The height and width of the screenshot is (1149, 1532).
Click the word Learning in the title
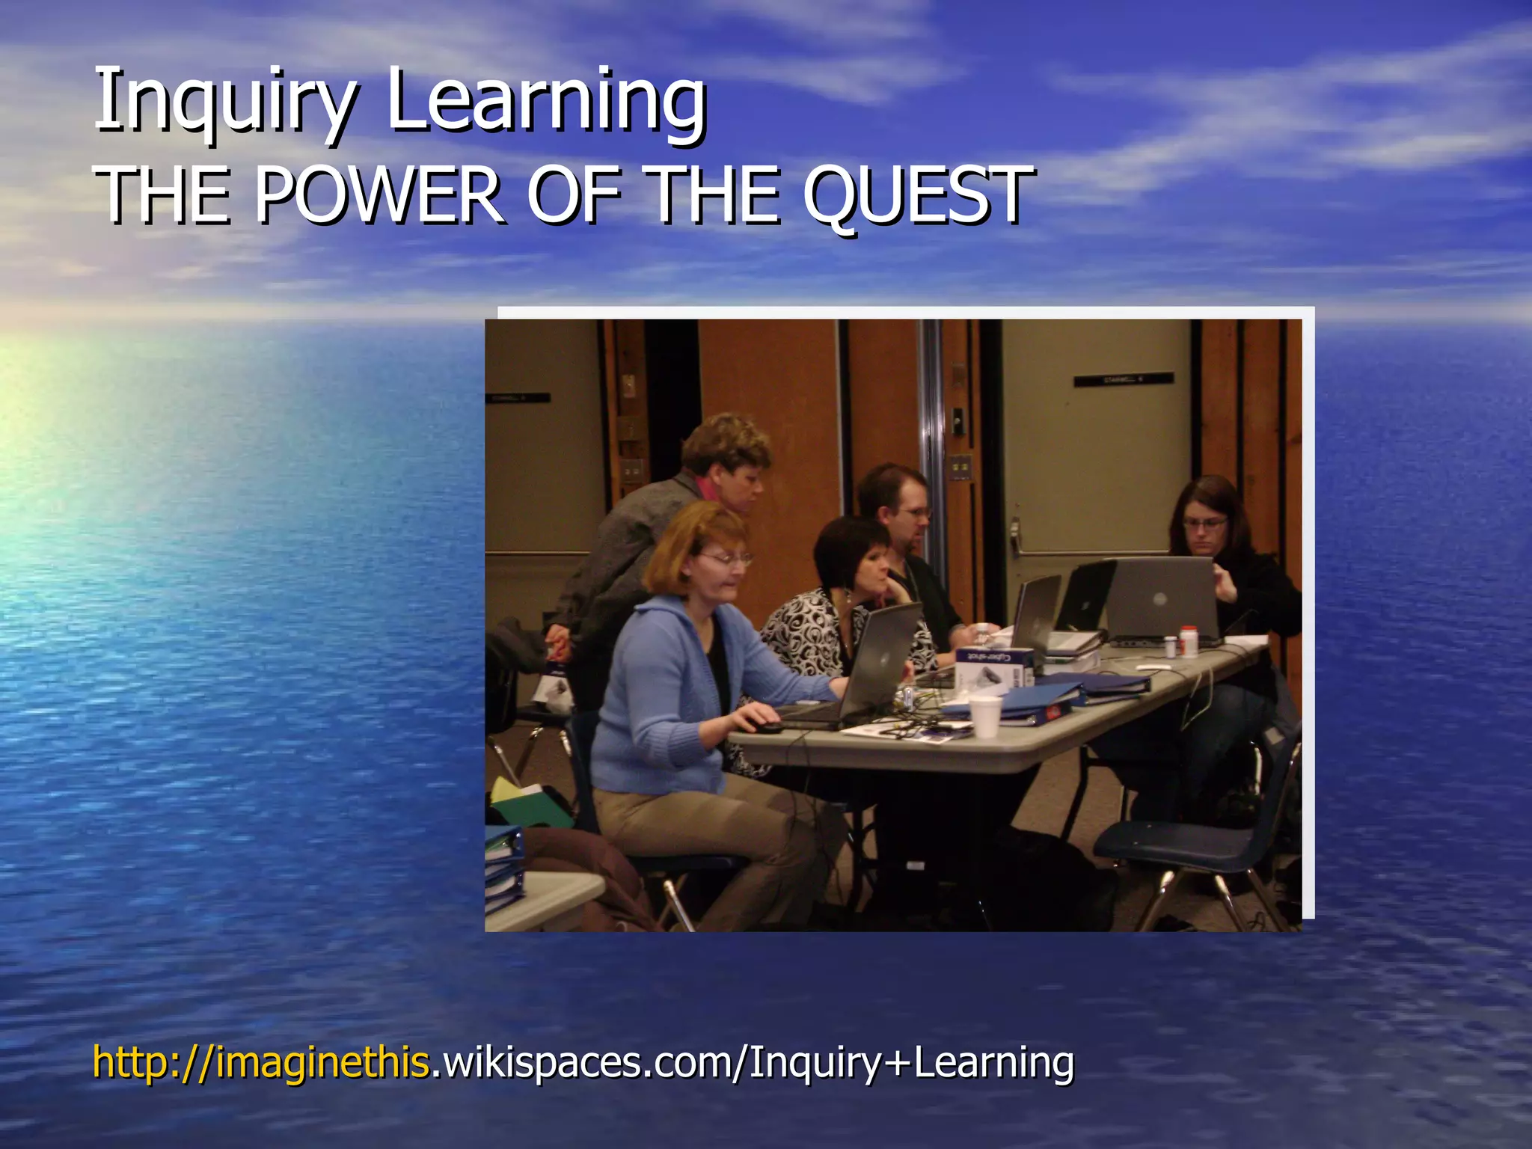[546, 101]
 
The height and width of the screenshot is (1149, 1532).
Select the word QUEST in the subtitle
[919, 196]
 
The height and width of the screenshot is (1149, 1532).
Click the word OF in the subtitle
[574, 196]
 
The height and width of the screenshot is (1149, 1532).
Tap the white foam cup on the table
[984, 717]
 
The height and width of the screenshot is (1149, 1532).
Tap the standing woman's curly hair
[726, 441]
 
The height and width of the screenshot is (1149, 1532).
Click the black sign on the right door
[1123, 380]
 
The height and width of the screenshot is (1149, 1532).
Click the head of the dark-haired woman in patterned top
[853, 554]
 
